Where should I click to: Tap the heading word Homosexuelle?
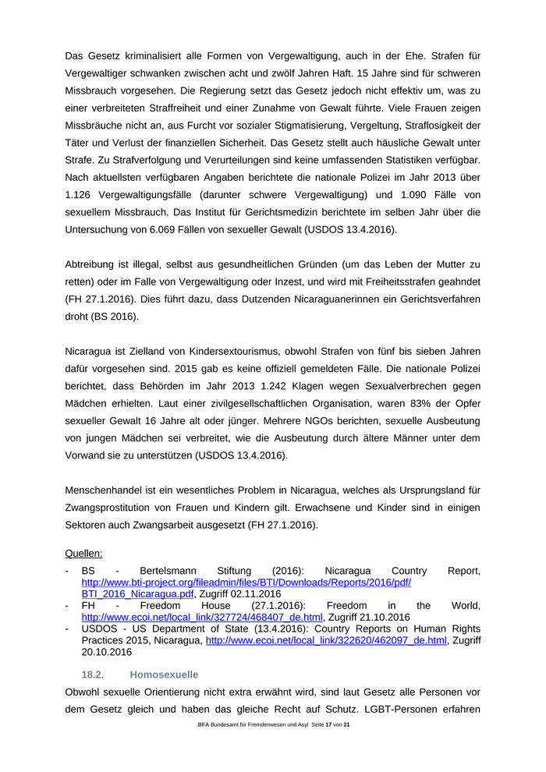pos(164,674)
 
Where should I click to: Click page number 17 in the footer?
pos(328,725)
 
